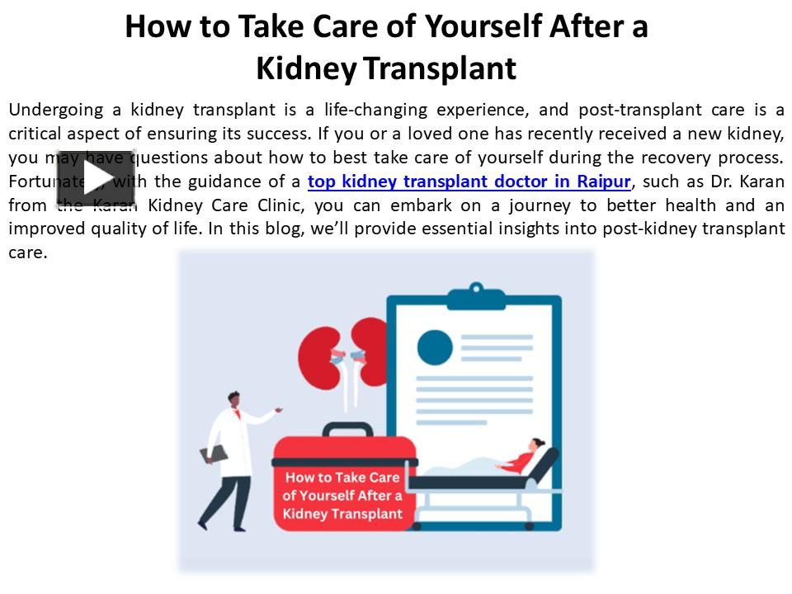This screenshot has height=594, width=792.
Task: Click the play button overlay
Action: click(96, 177)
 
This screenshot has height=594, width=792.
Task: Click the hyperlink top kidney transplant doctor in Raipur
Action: click(469, 181)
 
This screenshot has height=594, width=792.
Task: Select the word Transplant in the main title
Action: click(440, 68)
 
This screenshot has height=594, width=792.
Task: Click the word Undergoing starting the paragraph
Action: click(56, 111)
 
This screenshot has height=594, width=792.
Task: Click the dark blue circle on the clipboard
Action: click(435, 347)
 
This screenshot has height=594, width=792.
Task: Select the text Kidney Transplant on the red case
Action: click(342, 514)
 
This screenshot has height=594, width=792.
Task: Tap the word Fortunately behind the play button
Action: click(33, 181)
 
